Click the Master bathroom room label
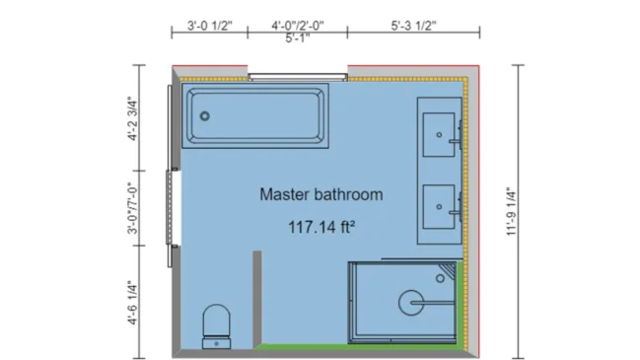[x=320, y=194]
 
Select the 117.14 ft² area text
[x=320, y=226]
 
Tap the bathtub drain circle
[x=205, y=116]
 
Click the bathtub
[x=255, y=118]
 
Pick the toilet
[x=216, y=324]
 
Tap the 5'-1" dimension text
[x=297, y=38]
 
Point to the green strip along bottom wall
[x=360, y=347]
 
